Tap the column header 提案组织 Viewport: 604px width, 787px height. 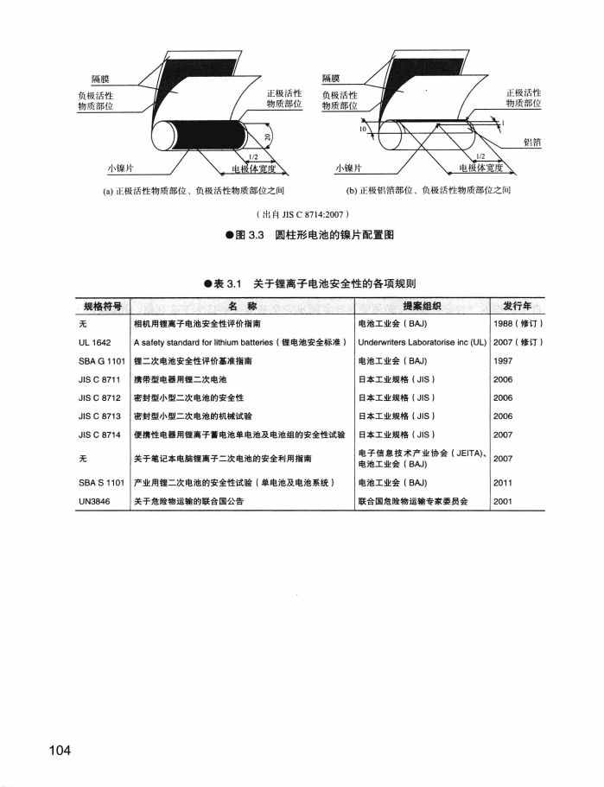coord(422,306)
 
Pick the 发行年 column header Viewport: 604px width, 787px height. coord(517,306)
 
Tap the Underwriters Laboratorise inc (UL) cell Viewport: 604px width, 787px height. coord(422,342)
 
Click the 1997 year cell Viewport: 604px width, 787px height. coord(504,360)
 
